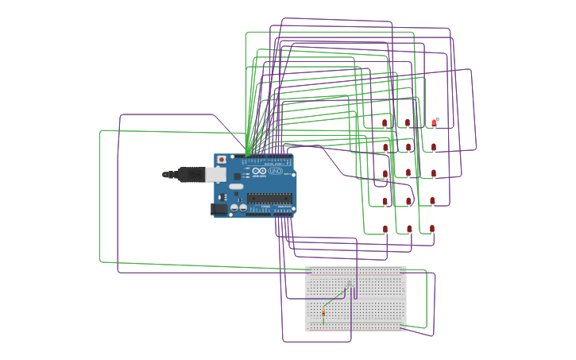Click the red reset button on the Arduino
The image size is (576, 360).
click(x=222, y=160)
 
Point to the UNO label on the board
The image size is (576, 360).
click(x=276, y=171)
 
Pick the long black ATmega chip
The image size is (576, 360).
click(x=269, y=199)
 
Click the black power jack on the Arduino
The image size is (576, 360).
click(x=218, y=209)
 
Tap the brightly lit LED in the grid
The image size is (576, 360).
click(x=434, y=122)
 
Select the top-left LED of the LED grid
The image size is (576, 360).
click(x=385, y=123)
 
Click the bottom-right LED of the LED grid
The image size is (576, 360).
click(x=432, y=229)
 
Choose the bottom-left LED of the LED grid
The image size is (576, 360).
click(x=385, y=229)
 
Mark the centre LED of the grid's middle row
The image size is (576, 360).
click(x=408, y=173)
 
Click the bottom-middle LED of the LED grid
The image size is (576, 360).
click(x=409, y=229)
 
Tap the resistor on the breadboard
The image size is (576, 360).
click(x=323, y=313)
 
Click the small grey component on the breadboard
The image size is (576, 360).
click(x=349, y=284)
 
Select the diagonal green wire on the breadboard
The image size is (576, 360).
click(x=336, y=296)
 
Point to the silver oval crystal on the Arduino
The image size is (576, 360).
click(x=236, y=187)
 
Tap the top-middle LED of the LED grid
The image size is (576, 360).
click(x=408, y=123)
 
